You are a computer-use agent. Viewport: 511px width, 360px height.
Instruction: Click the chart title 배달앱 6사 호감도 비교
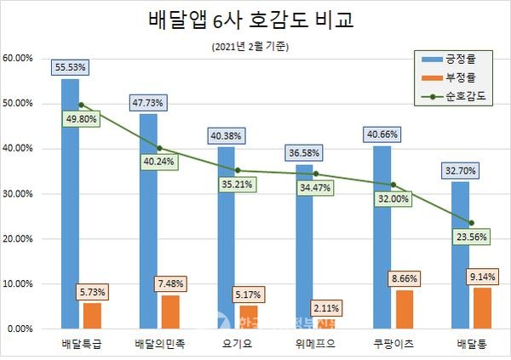click(255, 20)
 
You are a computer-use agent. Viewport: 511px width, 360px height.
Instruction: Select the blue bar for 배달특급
click(70, 204)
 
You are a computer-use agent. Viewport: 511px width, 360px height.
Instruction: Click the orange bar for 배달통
click(482, 308)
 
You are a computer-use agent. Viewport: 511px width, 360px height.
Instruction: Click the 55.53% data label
click(70, 66)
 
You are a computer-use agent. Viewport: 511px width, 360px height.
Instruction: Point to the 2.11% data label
click(327, 307)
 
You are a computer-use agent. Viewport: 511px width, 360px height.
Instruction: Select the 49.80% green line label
click(75, 119)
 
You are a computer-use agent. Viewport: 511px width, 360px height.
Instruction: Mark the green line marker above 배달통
click(471, 223)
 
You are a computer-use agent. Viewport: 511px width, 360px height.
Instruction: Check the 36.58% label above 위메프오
click(304, 151)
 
